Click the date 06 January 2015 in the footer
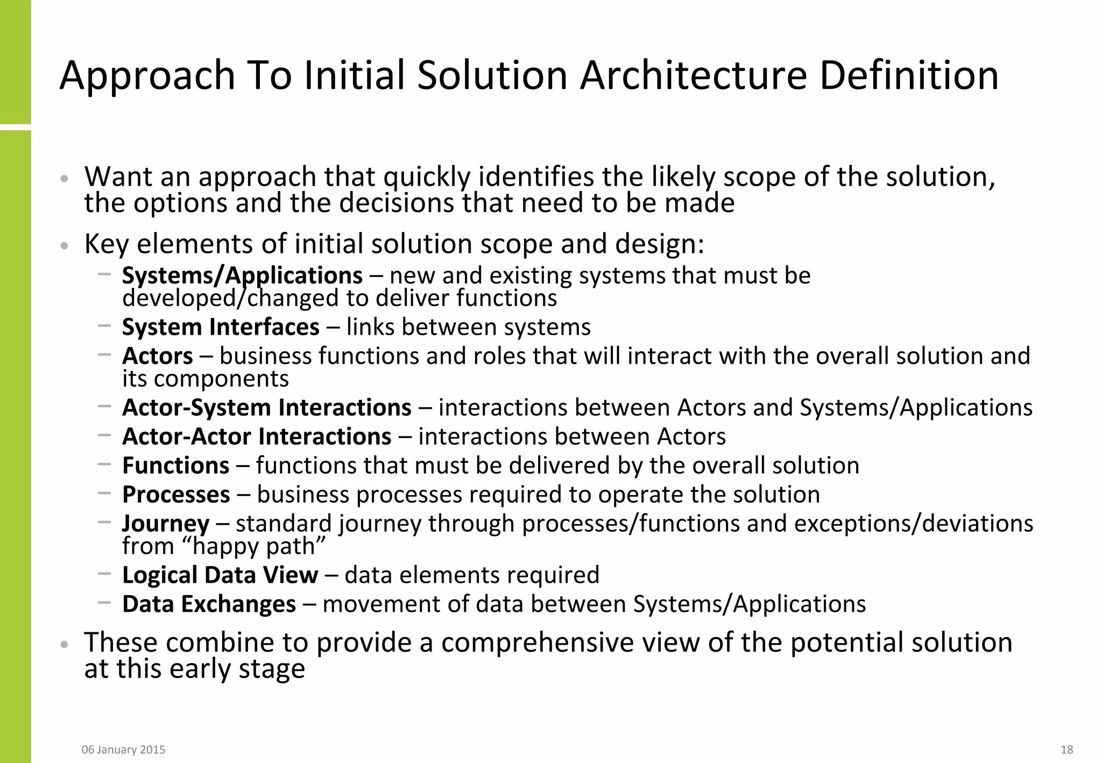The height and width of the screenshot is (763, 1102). pos(123,750)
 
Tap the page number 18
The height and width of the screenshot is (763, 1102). pos(1066,750)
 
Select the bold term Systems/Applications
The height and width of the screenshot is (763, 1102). pos(242,275)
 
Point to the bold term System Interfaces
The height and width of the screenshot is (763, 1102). pos(221,327)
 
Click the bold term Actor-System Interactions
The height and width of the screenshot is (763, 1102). pos(267,407)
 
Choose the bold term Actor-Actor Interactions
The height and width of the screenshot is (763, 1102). pos(257,436)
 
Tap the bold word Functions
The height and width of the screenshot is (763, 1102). pos(176,465)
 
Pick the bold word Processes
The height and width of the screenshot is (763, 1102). pos(176,494)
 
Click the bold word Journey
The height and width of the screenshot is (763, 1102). pos(166,524)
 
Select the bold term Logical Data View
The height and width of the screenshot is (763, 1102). pos(220,575)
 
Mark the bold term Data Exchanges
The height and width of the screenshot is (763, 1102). pos(209,604)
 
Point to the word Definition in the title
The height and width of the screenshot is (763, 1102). pos(909,75)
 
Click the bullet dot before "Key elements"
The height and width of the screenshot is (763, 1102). pos(64,246)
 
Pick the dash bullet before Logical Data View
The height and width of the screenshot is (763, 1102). pos(104,574)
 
